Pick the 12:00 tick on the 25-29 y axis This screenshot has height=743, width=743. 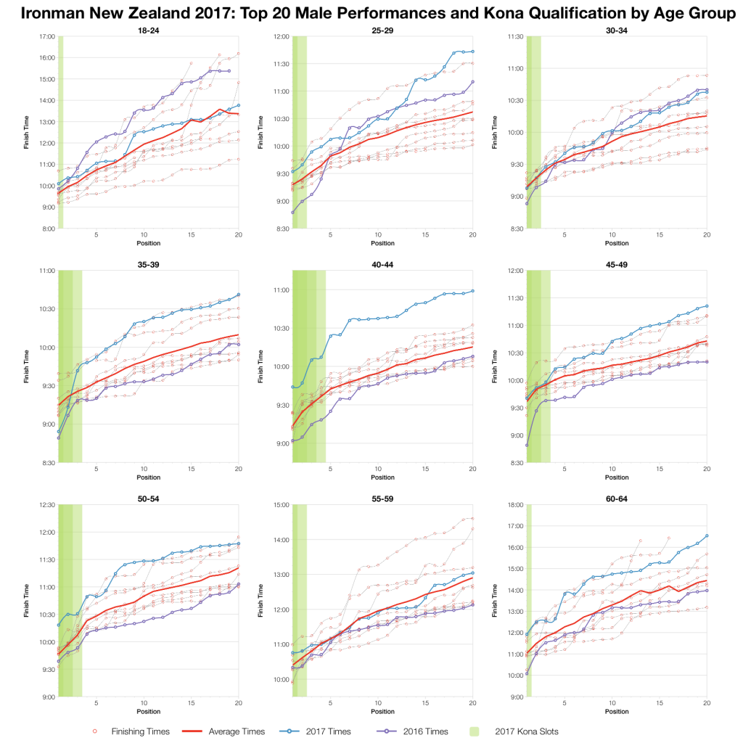281,36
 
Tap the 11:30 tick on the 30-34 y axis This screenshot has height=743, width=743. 515,36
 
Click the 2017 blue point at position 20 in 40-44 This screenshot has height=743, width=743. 472,291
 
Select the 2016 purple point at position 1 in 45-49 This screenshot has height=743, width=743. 527,445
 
